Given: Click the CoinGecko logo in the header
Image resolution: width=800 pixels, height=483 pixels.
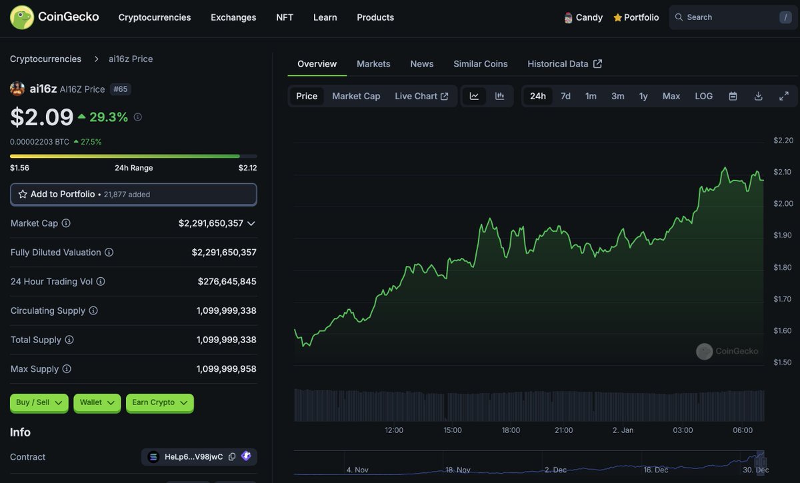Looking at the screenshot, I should click(54, 17).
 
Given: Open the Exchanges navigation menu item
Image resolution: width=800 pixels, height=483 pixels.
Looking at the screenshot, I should click(233, 17).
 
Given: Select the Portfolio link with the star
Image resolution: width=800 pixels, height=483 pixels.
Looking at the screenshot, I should click(636, 17).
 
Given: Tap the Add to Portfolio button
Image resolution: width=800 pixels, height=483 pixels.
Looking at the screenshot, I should click(133, 195).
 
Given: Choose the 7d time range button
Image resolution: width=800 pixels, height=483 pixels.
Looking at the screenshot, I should click(565, 96).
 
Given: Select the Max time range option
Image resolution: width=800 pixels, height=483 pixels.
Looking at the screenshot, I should click(671, 96).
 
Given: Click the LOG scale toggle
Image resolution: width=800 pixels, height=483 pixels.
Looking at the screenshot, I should click(703, 96).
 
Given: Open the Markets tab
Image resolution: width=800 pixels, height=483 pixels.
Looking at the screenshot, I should click(373, 64).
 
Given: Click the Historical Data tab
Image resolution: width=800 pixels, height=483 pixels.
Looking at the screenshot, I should click(564, 64).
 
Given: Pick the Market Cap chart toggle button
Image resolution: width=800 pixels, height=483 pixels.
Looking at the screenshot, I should click(356, 96).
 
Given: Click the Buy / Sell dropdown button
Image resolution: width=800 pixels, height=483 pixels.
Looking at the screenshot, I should click(39, 402).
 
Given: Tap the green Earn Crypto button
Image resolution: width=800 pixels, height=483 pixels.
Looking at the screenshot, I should click(159, 402).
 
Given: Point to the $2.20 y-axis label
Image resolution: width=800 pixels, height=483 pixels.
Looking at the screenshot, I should click(783, 141).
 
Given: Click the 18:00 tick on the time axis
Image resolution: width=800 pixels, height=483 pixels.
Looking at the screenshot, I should click(511, 430).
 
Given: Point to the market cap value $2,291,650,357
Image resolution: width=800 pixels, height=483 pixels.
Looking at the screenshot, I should click(211, 223).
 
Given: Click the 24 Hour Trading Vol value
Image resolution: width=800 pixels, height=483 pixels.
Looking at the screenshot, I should click(227, 282).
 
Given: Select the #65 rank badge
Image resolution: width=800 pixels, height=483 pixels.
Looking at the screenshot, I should click(120, 89).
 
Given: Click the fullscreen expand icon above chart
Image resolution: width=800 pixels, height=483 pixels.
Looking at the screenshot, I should click(784, 96).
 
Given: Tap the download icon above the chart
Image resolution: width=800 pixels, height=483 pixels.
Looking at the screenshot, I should click(758, 96).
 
